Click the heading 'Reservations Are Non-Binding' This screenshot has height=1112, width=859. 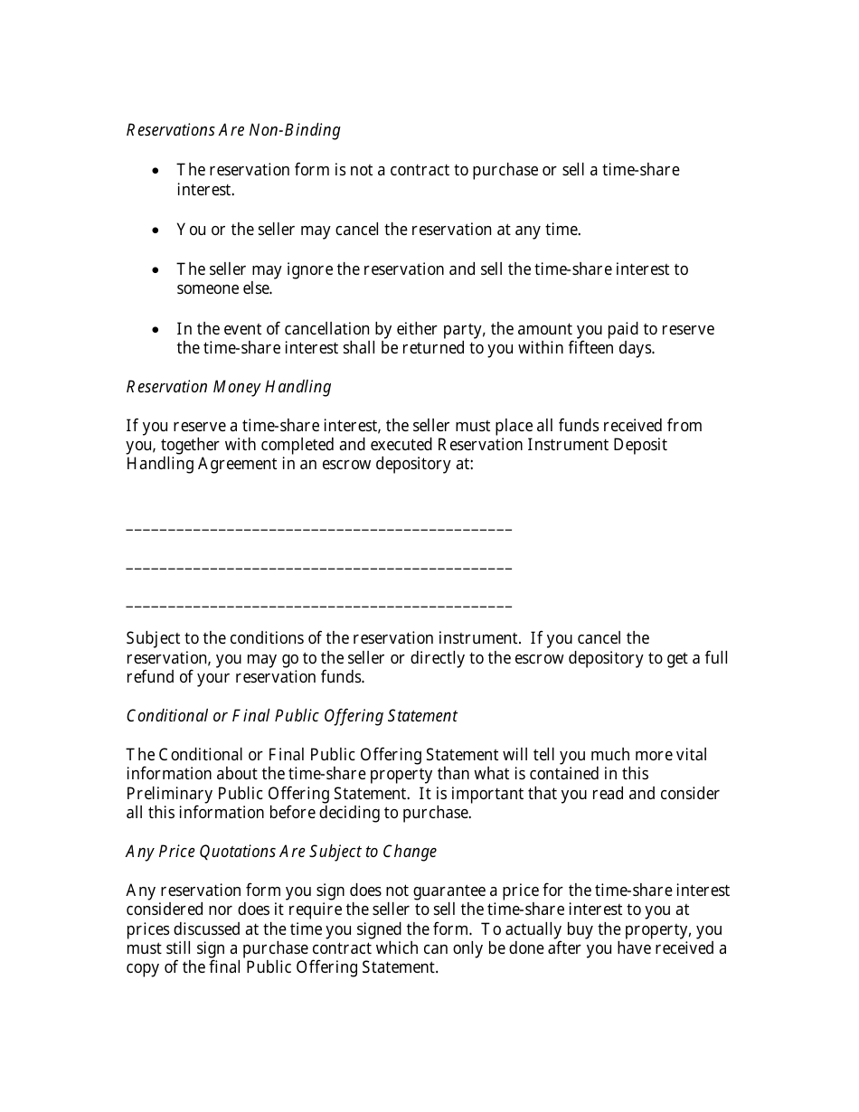[x=233, y=130]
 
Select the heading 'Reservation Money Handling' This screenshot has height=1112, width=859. [x=229, y=387]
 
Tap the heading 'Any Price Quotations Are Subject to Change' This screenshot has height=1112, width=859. [x=281, y=852]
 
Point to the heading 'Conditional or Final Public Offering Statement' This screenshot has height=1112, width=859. [x=291, y=716]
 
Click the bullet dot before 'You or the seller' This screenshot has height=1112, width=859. [x=156, y=231]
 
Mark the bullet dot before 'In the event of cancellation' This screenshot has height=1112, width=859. [x=156, y=330]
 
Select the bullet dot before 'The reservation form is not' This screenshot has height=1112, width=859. [x=156, y=171]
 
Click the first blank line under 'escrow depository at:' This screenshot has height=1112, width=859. [x=319, y=529]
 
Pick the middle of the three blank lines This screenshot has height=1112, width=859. [x=319, y=568]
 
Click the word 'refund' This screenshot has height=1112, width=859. [x=150, y=677]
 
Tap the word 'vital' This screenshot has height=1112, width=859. [x=692, y=755]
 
